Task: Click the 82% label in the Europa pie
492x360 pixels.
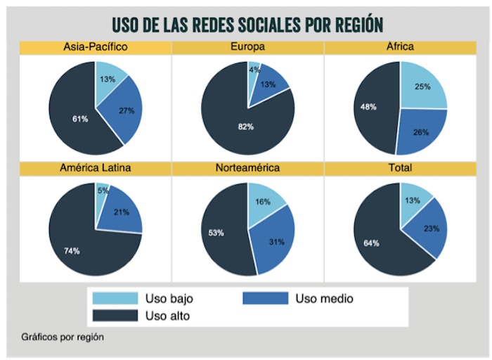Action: coord(245,127)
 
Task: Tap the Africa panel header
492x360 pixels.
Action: coord(400,47)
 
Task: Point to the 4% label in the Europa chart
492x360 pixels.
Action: coord(254,70)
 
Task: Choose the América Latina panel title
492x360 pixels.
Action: coord(95,169)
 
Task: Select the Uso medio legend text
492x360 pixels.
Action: coord(324,299)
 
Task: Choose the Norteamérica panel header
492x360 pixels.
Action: coord(247,169)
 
